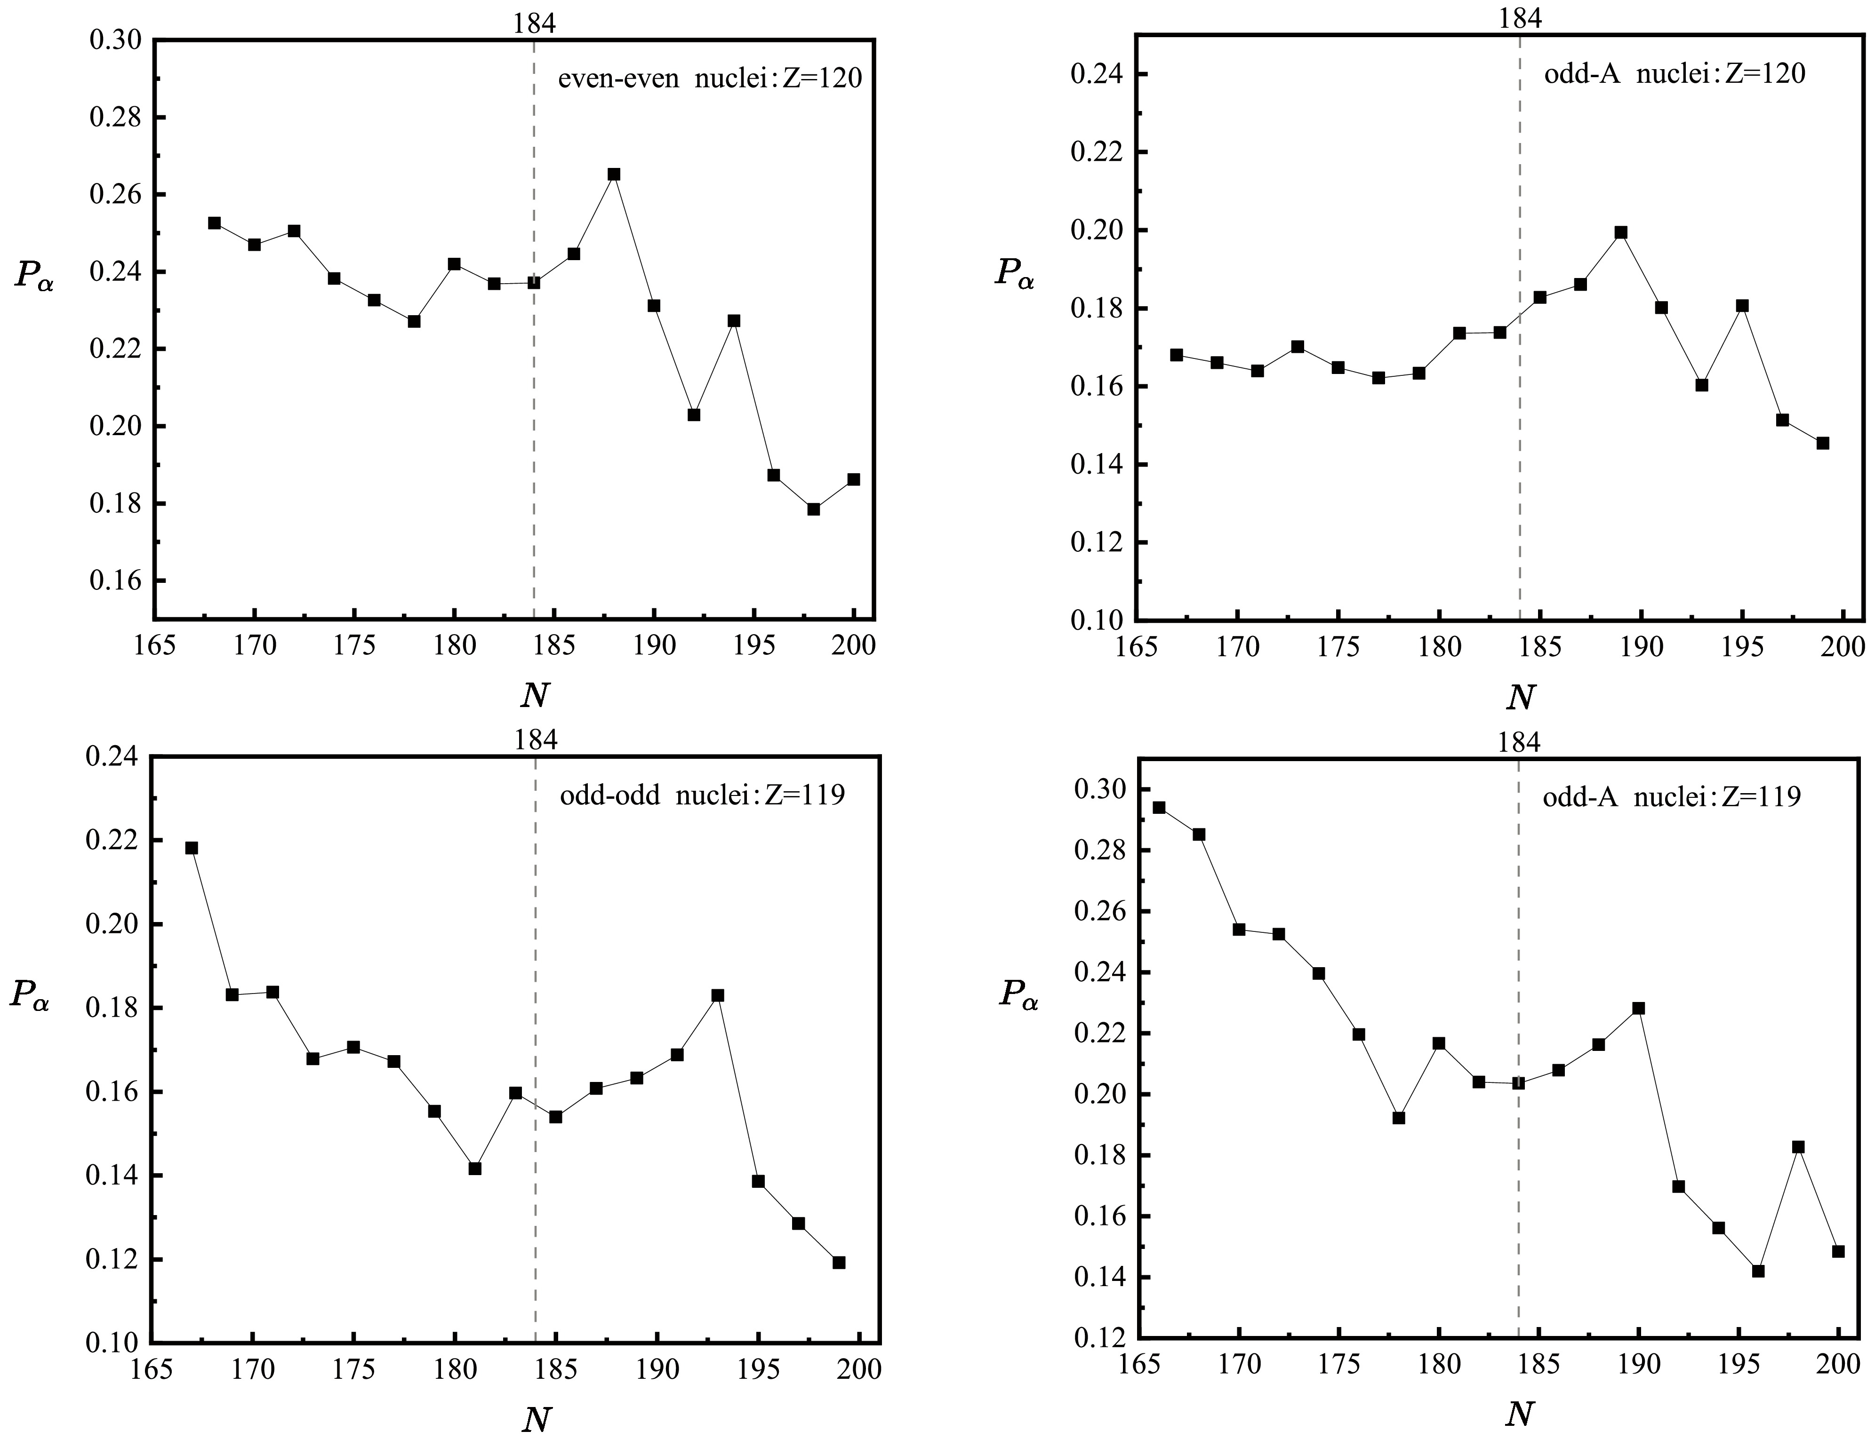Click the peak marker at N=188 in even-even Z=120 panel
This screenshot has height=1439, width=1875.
click(x=614, y=174)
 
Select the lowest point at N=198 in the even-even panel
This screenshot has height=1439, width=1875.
click(x=813, y=509)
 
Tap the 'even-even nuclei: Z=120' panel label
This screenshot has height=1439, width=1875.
click(x=710, y=79)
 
